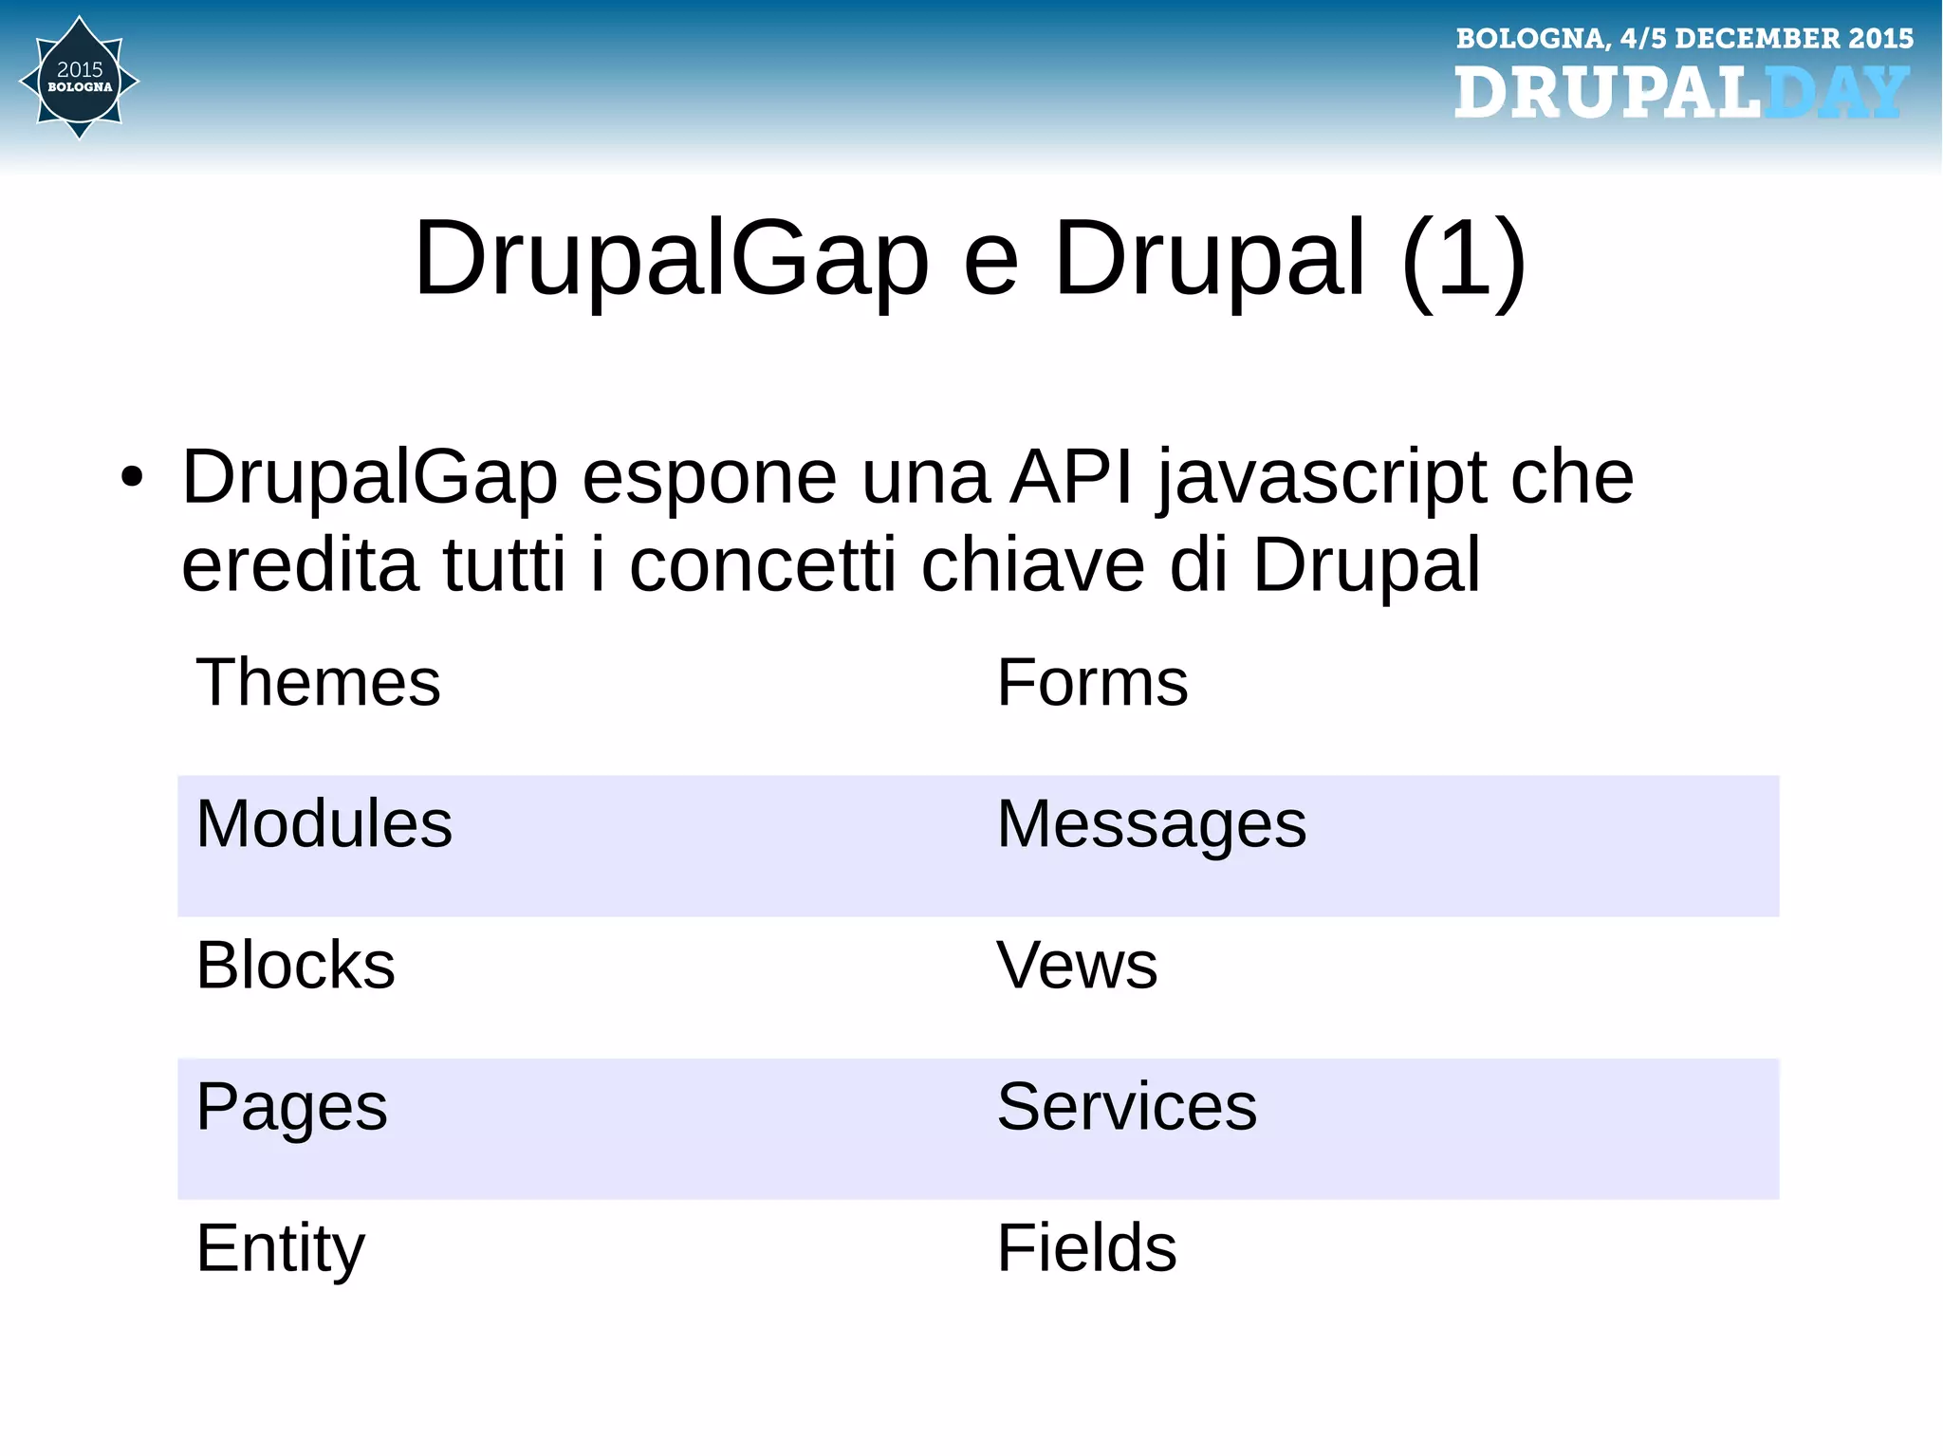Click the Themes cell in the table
pyautogui.click(x=318, y=682)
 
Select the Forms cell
pyautogui.click(x=1092, y=682)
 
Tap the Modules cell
pyautogui.click(x=324, y=823)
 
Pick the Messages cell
pyautogui.click(x=1151, y=823)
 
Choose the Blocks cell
pyautogui.click(x=295, y=965)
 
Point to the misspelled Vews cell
pyautogui.click(x=1077, y=965)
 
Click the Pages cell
pyautogui.click(x=291, y=1107)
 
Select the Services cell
pyautogui.click(x=1126, y=1106)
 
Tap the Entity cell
pyautogui.click(x=280, y=1247)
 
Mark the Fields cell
pyautogui.click(x=1086, y=1247)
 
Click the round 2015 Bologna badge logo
pyautogui.click(x=80, y=78)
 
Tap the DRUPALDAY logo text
pyautogui.click(x=1680, y=93)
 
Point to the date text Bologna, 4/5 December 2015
pyautogui.click(x=1684, y=38)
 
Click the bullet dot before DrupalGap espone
pyautogui.click(x=132, y=477)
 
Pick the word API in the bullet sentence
pyautogui.click(x=1071, y=476)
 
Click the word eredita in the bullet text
pyautogui.click(x=300, y=564)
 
